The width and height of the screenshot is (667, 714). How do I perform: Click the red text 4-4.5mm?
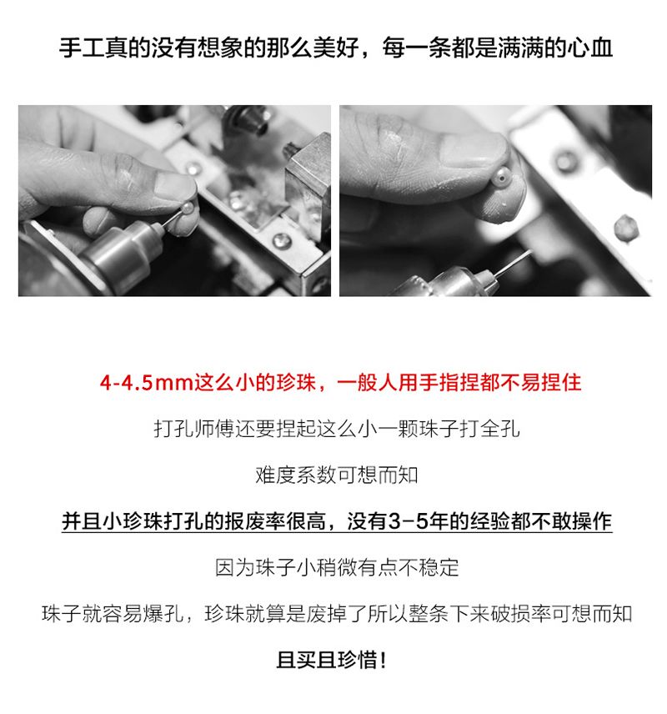click(146, 383)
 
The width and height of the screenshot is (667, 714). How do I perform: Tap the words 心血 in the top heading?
click(589, 48)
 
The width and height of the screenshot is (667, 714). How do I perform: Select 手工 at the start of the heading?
click(82, 48)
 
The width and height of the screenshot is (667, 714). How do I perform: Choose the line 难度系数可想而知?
click(337, 475)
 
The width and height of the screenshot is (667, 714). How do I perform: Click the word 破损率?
click(521, 614)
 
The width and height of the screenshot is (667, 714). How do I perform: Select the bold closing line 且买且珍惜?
click(332, 661)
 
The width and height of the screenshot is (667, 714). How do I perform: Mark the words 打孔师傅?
click(194, 429)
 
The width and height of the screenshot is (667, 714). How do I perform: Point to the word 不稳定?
click(429, 568)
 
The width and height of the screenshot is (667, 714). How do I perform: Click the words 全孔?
click(500, 429)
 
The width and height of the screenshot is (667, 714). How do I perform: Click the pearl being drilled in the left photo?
click(188, 209)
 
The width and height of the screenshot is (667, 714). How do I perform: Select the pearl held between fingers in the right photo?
click(500, 177)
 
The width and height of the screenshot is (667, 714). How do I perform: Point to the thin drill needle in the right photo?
click(512, 264)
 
